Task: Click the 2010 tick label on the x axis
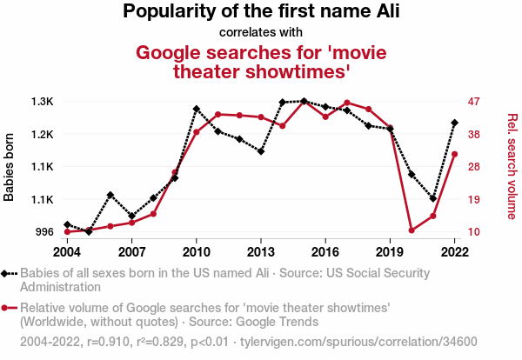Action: pos(197,251)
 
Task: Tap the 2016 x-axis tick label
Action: pos(325,251)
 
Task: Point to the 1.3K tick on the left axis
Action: pos(42,102)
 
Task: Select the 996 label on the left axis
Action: pos(43,232)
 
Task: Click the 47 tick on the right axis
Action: pos(473,102)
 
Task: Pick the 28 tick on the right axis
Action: pos(473,167)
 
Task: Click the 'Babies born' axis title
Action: pos(10,167)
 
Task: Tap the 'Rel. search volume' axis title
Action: pos(512,167)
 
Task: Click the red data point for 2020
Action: pos(412,230)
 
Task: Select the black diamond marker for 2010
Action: pos(197,109)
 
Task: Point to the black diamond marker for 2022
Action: pos(454,123)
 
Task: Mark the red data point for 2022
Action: pos(454,154)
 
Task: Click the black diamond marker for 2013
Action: pos(261,151)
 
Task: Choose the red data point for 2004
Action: pos(68,231)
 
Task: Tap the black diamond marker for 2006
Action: pos(110,195)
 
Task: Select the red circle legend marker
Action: pos(8,308)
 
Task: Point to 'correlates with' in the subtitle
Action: pos(261,33)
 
